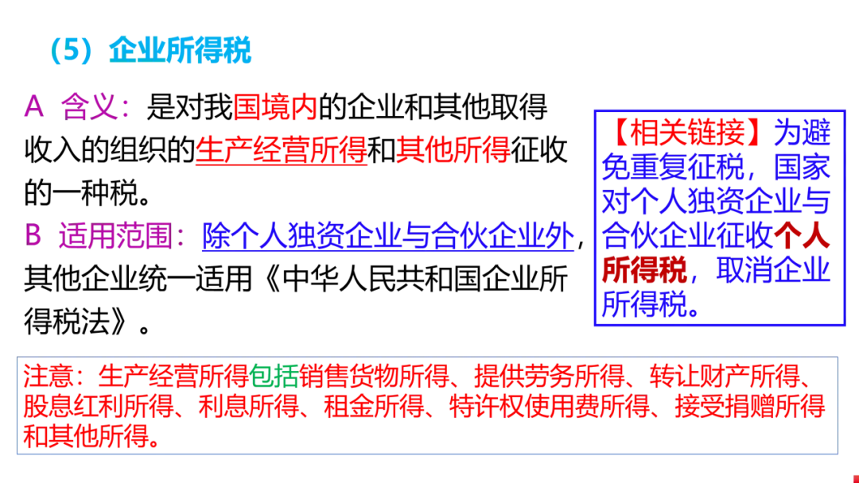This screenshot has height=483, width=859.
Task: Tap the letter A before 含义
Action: (33, 106)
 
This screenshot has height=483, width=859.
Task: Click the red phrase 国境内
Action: (275, 106)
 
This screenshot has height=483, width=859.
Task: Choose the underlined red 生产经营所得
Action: (282, 149)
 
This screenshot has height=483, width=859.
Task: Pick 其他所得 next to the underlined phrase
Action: (453, 149)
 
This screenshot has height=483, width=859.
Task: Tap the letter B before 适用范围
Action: (33, 236)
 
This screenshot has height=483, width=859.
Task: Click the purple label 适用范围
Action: (115, 236)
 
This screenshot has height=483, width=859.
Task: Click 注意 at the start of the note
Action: (51, 376)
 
